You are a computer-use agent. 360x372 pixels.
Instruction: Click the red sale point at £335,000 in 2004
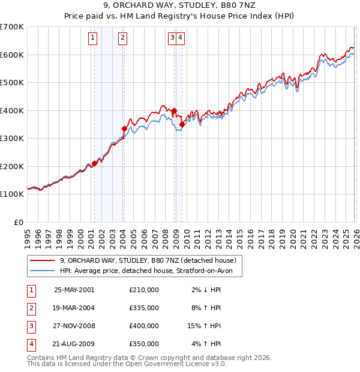point(124,128)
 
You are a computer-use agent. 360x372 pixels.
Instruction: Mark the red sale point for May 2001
point(94,163)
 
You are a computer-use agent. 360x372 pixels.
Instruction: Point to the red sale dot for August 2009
point(182,124)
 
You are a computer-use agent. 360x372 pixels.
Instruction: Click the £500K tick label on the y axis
point(12,82)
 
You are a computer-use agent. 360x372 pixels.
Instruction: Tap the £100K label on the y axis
point(12,194)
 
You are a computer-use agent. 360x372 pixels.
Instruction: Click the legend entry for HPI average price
point(150,271)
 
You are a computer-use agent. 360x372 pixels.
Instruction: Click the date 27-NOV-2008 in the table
point(74,326)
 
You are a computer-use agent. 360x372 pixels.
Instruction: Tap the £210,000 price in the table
point(143,290)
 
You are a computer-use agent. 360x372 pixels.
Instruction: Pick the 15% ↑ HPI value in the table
point(205,326)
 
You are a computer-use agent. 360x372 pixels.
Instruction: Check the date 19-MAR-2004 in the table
point(74,308)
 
